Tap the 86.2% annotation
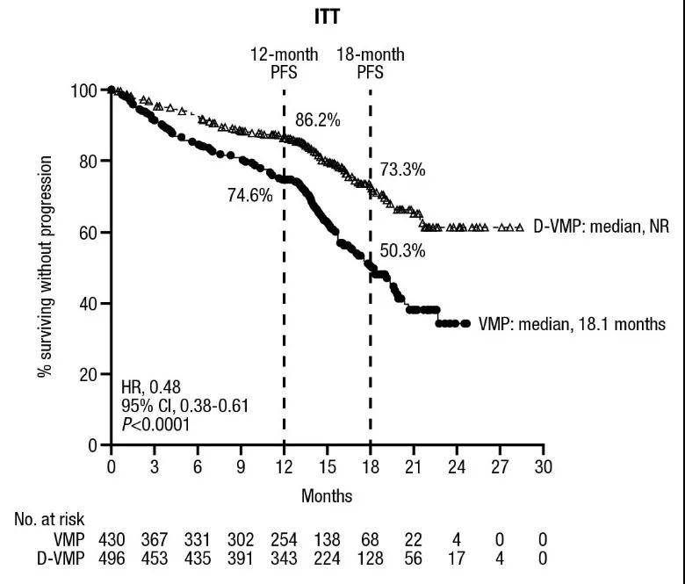[317, 121]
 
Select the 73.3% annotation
[402, 170]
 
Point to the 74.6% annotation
[249, 196]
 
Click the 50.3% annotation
[402, 250]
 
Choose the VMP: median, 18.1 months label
[572, 324]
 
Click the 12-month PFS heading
[285, 63]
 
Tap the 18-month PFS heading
[371, 63]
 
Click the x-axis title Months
[327, 496]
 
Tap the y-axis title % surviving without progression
[45, 267]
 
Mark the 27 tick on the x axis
[500, 465]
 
